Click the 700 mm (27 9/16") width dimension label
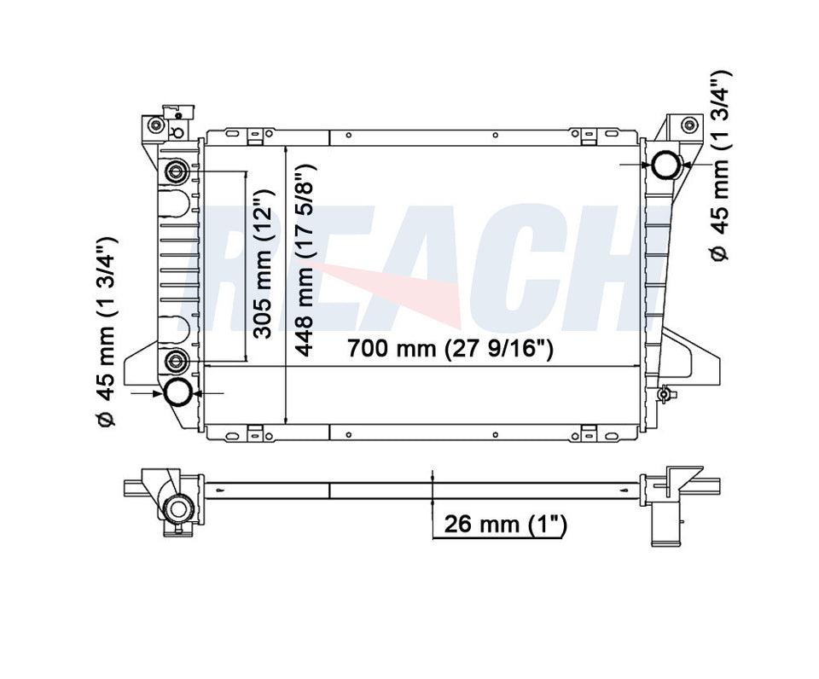[450, 348]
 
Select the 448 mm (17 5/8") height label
[306, 260]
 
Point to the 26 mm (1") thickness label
[505, 524]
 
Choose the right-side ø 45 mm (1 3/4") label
[721, 165]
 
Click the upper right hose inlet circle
[666, 164]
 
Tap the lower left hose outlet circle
[178, 393]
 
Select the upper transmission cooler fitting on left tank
[177, 171]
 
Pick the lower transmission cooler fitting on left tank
[177, 360]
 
